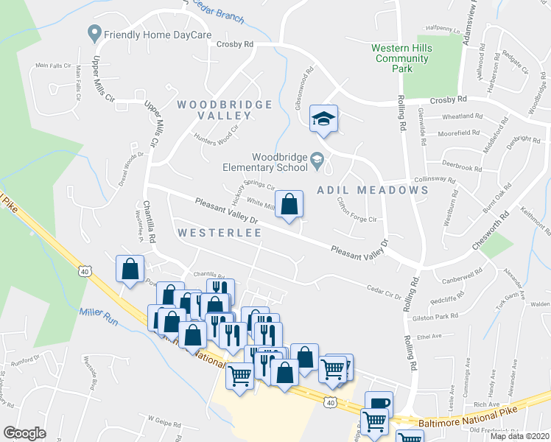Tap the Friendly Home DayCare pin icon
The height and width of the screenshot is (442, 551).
pyautogui.click(x=94, y=33)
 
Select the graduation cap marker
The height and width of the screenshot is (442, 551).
pyautogui.click(x=323, y=119)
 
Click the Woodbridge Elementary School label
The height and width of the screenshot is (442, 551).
pyautogui.click(x=278, y=161)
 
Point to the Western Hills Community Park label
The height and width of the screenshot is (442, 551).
pyautogui.click(x=401, y=58)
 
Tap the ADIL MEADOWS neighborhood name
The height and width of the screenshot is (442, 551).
pyautogui.click(x=373, y=190)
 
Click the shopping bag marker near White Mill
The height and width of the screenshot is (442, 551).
pyautogui.click(x=289, y=203)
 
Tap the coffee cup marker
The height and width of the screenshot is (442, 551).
pyautogui.click(x=379, y=403)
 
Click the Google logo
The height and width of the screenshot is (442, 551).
pyautogui.click(x=24, y=432)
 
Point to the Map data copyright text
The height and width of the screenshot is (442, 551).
pyautogui.click(x=519, y=436)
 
